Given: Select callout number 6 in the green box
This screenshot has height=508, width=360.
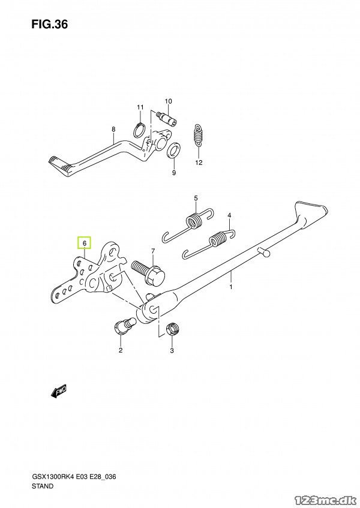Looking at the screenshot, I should click(85, 243).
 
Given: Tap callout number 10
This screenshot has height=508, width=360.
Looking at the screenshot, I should click(168, 101).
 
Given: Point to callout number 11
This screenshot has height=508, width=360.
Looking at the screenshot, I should click(140, 107).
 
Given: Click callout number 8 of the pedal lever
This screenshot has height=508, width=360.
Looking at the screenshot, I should click(113, 129).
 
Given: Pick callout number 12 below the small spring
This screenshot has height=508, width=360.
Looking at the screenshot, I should click(199, 162).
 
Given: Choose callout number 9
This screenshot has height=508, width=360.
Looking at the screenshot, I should click(174, 173).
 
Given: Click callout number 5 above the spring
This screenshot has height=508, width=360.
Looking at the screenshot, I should click(195, 198).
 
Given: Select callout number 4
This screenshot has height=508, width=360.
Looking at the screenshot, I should click(229, 215).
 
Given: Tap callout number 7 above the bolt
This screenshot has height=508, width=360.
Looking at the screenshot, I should click(153, 250).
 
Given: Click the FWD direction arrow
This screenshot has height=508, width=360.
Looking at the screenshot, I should click(59, 392).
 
